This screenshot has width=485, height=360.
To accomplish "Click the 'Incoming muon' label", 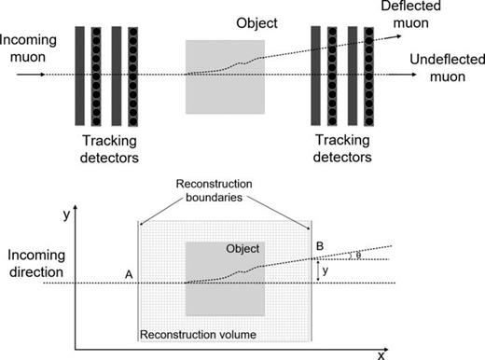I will click(x=33, y=49).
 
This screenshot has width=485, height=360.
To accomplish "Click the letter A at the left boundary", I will click(x=126, y=274).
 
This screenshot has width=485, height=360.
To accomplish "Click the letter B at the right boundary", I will click(x=321, y=246).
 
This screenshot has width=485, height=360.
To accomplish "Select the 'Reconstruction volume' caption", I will click(x=198, y=333).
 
